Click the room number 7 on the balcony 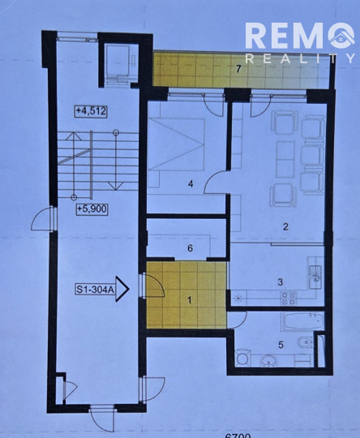point(238,69)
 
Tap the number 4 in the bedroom point(190,184)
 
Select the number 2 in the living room point(285,227)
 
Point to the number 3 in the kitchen point(280,282)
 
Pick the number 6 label point(190,249)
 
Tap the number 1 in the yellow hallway point(189,300)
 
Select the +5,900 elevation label point(91,208)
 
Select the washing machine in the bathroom point(242,357)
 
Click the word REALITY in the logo point(300,58)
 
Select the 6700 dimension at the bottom point(235,435)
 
